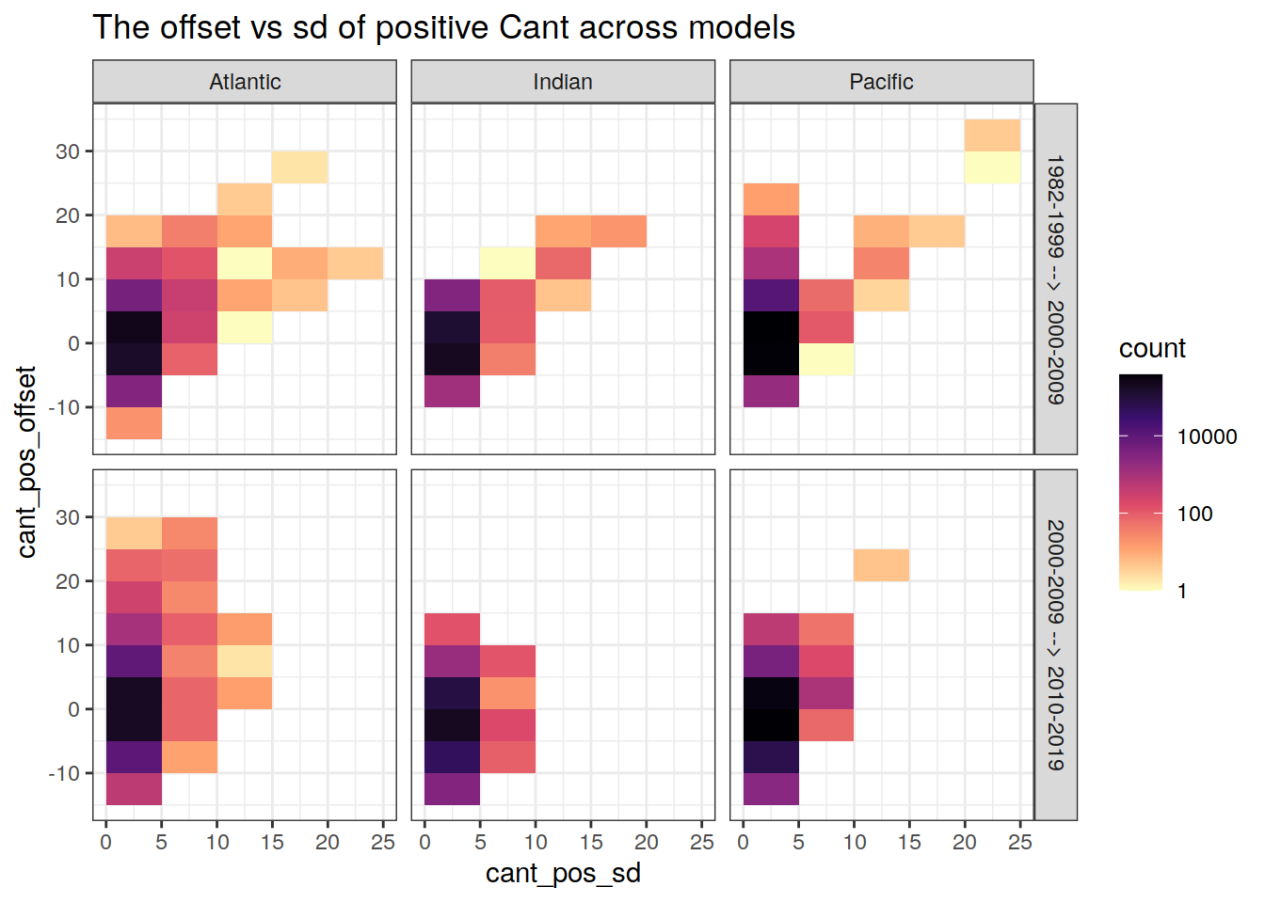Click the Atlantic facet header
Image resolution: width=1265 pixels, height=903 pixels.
tap(245, 82)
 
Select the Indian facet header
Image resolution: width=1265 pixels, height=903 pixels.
tap(563, 82)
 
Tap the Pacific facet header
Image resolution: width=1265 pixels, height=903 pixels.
tap(881, 82)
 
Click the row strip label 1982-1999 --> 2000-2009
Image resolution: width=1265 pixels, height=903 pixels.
tap(1056, 279)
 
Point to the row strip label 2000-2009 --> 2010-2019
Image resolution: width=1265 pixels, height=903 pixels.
tap(1056, 644)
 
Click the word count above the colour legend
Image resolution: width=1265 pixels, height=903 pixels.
tap(1152, 349)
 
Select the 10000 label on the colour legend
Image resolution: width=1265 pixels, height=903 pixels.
tap(1207, 436)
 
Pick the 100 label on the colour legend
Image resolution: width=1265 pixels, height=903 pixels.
tap(1194, 514)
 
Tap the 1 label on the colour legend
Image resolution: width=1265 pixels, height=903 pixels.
tap(1182, 592)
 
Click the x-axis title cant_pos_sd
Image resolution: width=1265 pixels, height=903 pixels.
tap(563, 874)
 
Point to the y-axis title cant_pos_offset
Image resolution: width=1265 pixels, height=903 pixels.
tap(26, 462)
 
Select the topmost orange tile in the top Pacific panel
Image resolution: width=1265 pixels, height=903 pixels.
tap(992, 135)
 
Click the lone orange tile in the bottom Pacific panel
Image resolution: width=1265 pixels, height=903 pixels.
tap(881, 565)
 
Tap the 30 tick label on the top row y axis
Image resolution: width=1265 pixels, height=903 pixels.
tap(68, 151)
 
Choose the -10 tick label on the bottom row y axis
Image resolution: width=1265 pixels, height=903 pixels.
tap(63, 773)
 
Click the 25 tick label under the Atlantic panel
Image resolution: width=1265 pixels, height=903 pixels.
tap(382, 843)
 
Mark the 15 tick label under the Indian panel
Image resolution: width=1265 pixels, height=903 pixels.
tap(591, 843)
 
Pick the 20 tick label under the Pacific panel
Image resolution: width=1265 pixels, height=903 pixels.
tap(965, 843)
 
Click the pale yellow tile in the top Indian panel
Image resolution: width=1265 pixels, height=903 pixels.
tap(507, 263)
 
